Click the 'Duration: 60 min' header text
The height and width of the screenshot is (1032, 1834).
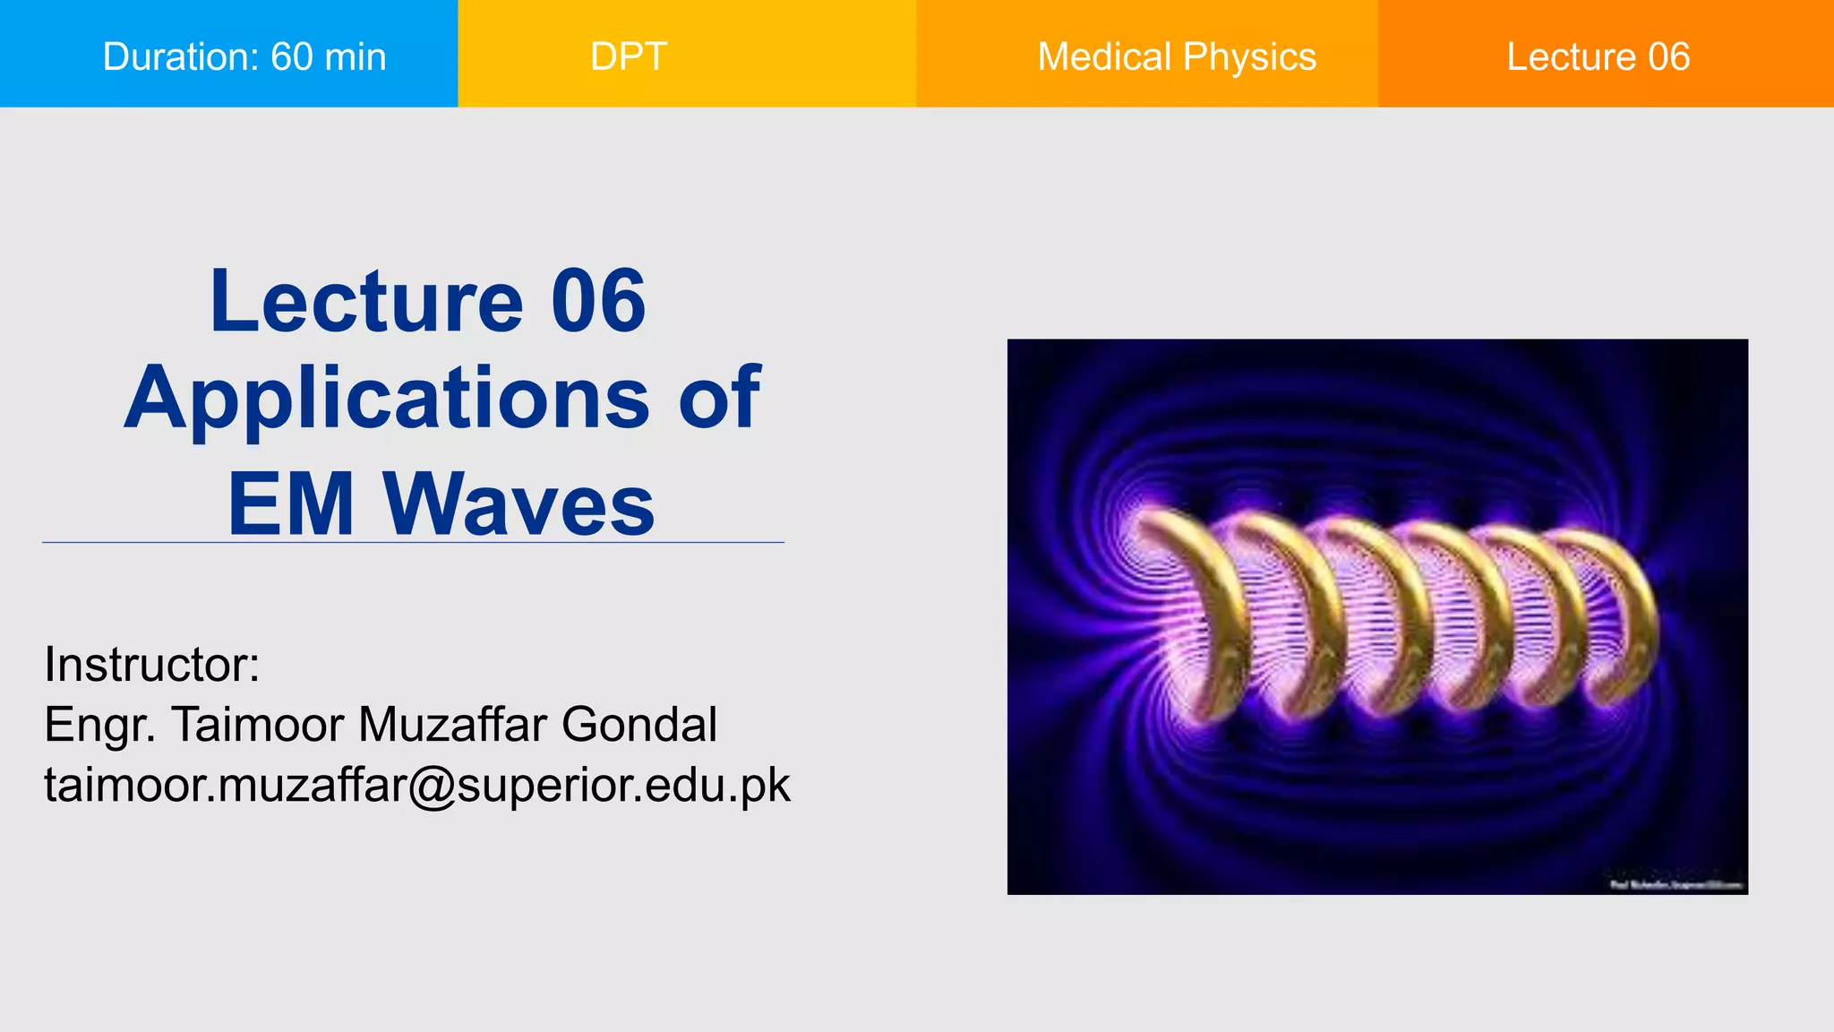click(244, 56)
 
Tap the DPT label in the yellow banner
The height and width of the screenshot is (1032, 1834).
click(629, 56)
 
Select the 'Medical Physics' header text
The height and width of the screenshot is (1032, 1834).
click(1177, 56)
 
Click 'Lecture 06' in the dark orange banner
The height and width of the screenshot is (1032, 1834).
click(1598, 56)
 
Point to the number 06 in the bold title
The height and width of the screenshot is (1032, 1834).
click(597, 301)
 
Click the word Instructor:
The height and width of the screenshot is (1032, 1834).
click(152, 665)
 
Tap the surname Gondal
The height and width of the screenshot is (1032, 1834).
click(639, 725)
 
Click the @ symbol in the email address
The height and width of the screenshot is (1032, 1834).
click(433, 786)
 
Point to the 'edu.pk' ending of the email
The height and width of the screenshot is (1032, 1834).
click(717, 785)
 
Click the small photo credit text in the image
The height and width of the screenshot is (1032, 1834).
click(1675, 885)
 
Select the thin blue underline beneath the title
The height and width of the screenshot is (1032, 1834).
click(413, 542)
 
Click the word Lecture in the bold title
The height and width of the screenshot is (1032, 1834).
click(366, 301)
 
